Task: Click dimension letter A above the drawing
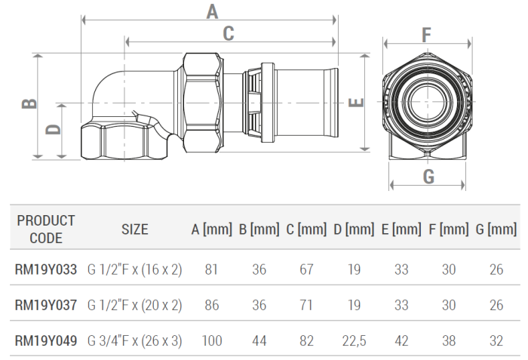(212, 11)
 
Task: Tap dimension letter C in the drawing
(229, 33)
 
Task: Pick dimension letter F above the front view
(426, 35)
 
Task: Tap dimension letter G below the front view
(428, 177)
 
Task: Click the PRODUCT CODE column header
(46, 229)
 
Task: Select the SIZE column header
(135, 229)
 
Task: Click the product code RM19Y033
(46, 269)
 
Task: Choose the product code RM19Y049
(46, 340)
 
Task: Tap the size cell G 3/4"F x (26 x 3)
(135, 340)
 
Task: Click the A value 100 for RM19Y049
(212, 340)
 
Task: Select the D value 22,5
(353, 340)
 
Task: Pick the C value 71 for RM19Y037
(306, 305)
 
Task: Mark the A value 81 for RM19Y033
(212, 269)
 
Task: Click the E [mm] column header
(401, 229)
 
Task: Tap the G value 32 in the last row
(496, 340)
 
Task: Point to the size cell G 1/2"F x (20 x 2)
(135, 305)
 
